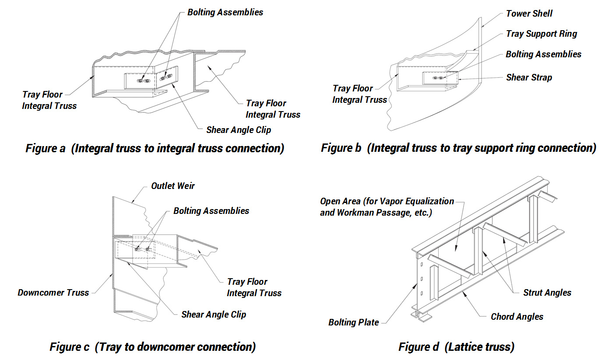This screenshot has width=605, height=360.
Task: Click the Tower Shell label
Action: coord(529,14)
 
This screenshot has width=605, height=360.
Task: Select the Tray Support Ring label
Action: coord(542,34)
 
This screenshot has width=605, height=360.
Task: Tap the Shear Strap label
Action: coord(529,77)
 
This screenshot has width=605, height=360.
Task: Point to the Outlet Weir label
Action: coord(173,186)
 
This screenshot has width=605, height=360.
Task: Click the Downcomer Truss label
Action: coord(53,293)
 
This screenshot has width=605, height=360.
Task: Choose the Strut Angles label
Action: coord(547,293)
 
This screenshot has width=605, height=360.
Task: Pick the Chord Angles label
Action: coord(517,316)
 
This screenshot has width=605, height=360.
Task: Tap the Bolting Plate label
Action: coord(354,322)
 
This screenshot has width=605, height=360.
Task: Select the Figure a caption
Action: coord(155,148)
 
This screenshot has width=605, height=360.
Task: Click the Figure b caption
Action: coord(458,148)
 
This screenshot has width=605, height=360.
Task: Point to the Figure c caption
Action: coord(152,347)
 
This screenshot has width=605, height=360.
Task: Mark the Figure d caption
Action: coord(456,347)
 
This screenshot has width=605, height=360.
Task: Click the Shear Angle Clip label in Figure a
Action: coord(239,130)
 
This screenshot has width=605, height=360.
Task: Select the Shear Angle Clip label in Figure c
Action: coord(214,315)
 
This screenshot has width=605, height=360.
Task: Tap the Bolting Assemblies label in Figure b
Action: coord(543,54)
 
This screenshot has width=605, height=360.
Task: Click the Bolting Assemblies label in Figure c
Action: coord(211,211)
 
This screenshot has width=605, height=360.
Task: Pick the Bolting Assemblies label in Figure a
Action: coord(225,12)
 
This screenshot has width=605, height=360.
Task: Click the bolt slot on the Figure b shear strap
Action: coord(438,78)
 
